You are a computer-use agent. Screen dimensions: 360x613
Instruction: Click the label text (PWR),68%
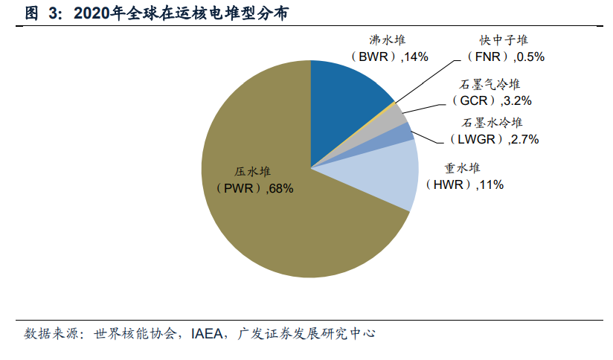pyautogui.click(x=254, y=189)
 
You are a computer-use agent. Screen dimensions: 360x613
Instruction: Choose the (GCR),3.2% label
pyautogui.click(x=491, y=99)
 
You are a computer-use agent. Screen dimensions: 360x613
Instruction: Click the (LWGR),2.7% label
pyautogui.click(x=493, y=139)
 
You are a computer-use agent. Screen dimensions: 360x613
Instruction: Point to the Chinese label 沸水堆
pyautogui.click(x=388, y=40)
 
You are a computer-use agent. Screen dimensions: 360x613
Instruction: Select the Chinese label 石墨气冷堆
pyautogui.click(x=491, y=83)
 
